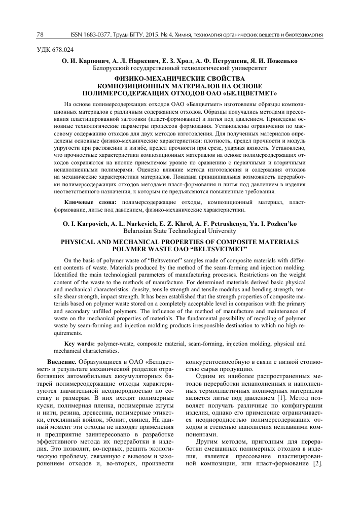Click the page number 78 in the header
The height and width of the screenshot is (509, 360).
point(41,35)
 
